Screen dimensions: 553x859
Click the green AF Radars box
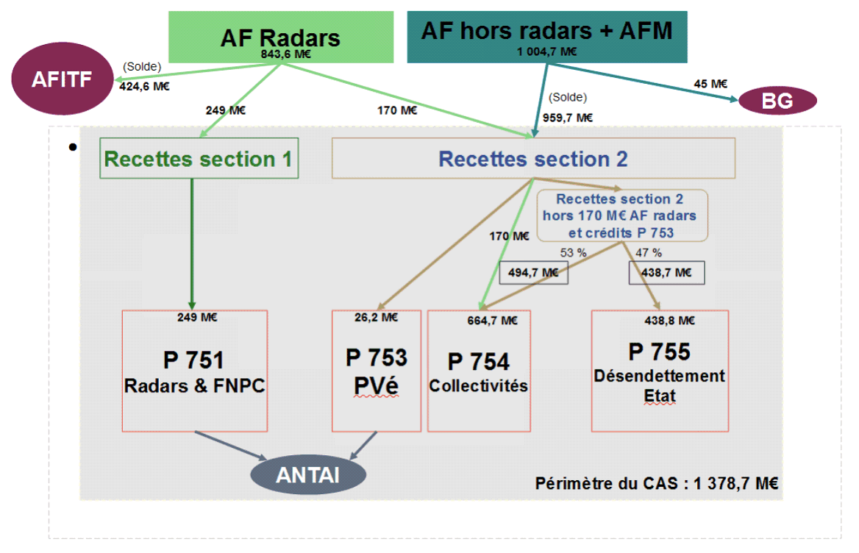click(279, 37)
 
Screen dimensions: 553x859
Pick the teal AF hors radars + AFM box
click(546, 36)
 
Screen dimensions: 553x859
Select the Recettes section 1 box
click(199, 158)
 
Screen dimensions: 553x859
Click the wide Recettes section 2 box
click(533, 158)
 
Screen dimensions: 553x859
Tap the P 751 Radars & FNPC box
click(194, 371)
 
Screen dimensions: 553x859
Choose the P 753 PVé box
click(376, 371)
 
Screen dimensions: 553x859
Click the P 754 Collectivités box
click(479, 371)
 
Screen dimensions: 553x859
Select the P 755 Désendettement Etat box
click(660, 371)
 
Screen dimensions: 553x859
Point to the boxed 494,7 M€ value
click(533, 273)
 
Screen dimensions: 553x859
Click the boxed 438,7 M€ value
click(666, 273)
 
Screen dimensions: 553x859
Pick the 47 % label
click(649, 252)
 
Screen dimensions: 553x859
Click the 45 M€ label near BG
click(710, 84)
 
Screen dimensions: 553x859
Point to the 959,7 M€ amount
click(568, 117)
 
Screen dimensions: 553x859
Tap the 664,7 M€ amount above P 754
click(492, 320)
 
